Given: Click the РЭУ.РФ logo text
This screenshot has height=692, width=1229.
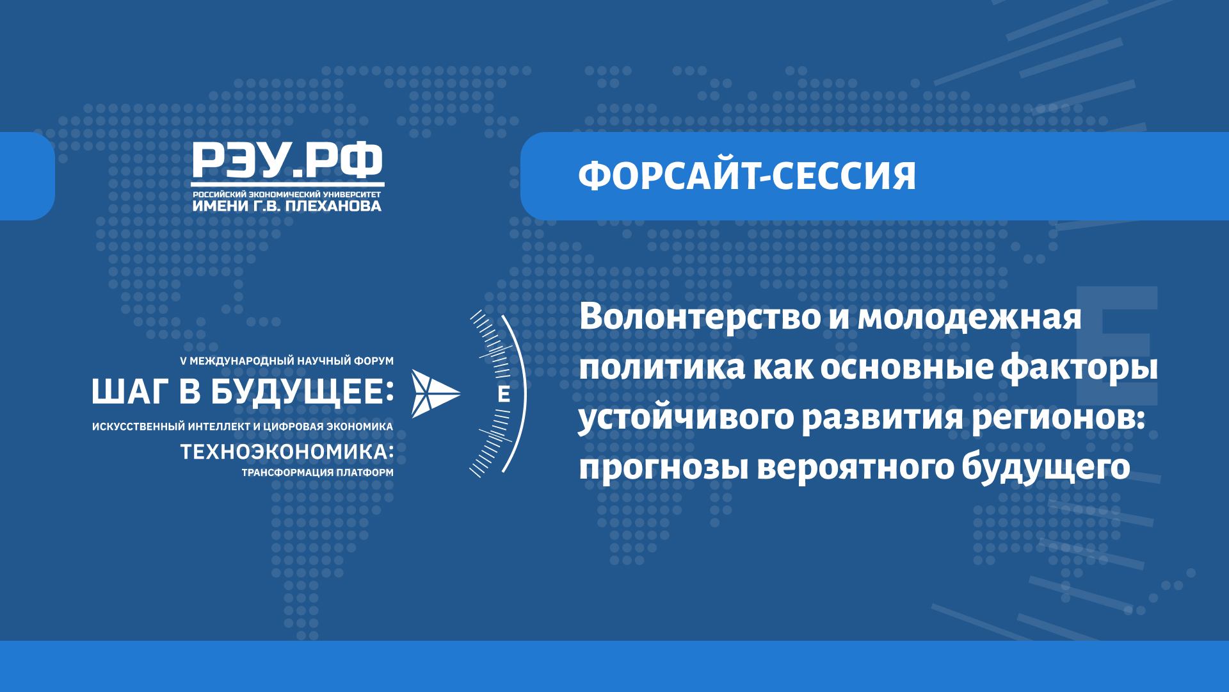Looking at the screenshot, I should coord(287,161).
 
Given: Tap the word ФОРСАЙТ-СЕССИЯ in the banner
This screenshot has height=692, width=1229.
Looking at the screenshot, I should coord(747,176).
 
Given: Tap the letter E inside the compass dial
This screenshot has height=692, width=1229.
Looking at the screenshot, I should coord(504,395).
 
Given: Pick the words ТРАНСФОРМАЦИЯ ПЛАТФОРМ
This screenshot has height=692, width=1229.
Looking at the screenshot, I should coord(316,474).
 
